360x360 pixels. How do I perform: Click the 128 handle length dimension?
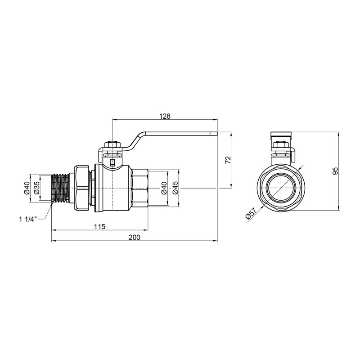(x=165, y=116)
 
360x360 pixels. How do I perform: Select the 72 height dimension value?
(x=228, y=160)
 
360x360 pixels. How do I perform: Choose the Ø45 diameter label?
(x=175, y=188)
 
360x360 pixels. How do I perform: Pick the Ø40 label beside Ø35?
(x=26, y=188)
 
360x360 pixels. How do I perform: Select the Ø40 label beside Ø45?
(x=164, y=188)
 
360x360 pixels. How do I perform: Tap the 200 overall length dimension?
(x=134, y=237)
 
